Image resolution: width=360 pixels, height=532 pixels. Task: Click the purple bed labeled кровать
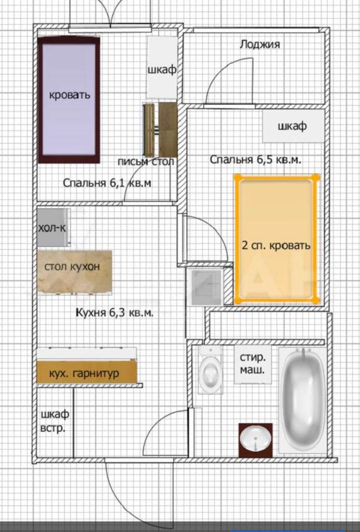pos(69,100)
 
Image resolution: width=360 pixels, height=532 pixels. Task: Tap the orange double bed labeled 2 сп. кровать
pos(276,239)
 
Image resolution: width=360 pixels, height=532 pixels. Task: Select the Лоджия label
pos(260,45)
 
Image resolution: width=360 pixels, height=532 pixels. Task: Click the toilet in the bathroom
pos(210,370)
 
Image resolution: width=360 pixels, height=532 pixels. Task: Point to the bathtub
pos(303,400)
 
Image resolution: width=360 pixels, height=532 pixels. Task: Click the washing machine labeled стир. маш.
pos(253,364)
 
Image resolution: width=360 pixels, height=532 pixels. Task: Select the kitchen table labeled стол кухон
pos(75,271)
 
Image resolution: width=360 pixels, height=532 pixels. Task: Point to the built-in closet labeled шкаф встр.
pos(55,422)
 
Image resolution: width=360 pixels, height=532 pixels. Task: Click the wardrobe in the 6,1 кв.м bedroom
pos(162,67)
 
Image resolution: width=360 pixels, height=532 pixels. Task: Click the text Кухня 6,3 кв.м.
pos(114,313)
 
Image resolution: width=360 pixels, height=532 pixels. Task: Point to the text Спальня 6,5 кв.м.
pos(255,159)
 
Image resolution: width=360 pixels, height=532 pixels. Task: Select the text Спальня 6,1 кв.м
pos(107,183)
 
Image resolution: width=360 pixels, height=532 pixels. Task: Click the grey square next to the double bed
pos(206,287)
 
